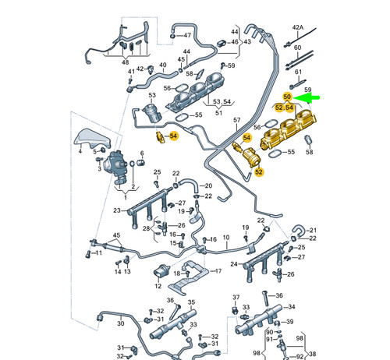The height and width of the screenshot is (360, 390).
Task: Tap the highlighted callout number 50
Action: click(x=288, y=97)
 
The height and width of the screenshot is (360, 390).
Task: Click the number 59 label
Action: click(x=307, y=90)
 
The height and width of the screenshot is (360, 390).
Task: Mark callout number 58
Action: click(x=310, y=152)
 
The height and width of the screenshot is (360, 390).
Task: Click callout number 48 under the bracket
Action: click(x=126, y=62)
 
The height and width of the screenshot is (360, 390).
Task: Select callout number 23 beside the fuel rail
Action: click(x=115, y=211)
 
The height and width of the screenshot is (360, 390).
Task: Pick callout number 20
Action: click(x=207, y=185)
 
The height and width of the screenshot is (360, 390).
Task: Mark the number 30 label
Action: click(x=121, y=323)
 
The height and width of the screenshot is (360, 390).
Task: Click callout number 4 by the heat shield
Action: click(x=80, y=153)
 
